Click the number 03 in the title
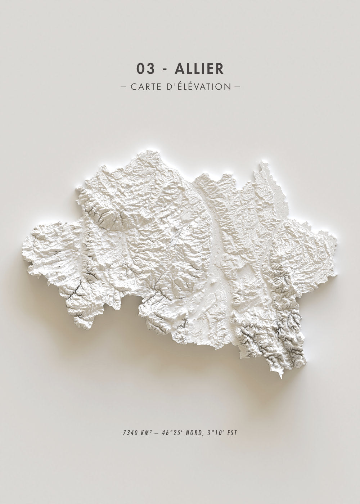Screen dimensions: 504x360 [144, 69]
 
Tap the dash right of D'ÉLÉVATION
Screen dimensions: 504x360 [237, 87]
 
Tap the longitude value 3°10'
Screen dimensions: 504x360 [214, 432]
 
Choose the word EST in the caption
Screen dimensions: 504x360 [231, 432]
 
